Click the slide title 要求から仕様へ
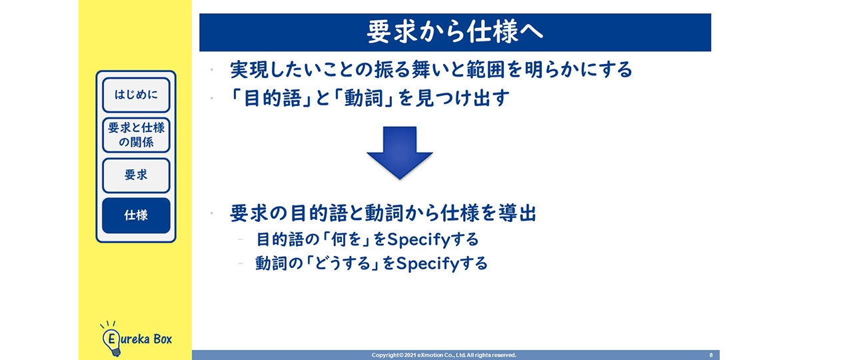454,31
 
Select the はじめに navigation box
136,95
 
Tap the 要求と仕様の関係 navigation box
136,135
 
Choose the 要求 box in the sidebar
136,175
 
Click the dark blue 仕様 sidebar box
136,215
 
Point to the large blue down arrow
399,153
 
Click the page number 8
710,355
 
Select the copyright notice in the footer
444,355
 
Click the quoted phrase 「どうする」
343,263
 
